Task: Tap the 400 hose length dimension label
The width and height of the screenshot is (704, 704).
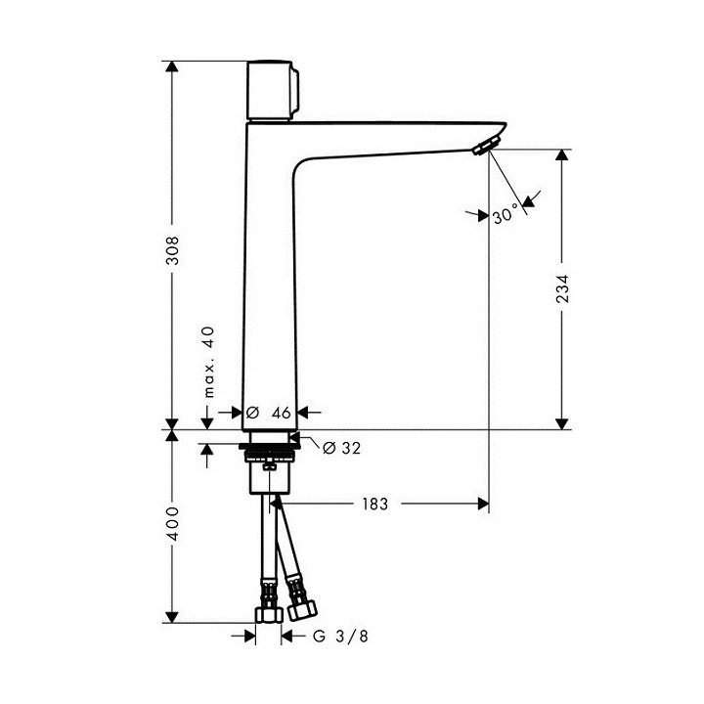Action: [x=172, y=526]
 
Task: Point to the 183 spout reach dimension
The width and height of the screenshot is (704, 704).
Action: [x=374, y=504]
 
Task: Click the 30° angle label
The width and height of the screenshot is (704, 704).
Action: [x=506, y=216]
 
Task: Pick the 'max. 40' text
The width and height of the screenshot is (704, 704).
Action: [x=208, y=362]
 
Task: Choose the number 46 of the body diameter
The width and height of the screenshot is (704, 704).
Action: [x=281, y=413]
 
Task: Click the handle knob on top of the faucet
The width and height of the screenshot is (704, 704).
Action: [x=273, y=90]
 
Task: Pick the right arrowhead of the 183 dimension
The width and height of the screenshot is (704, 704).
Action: [x=482, y=504]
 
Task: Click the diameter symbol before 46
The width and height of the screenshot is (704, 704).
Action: [x=251, y=413]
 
